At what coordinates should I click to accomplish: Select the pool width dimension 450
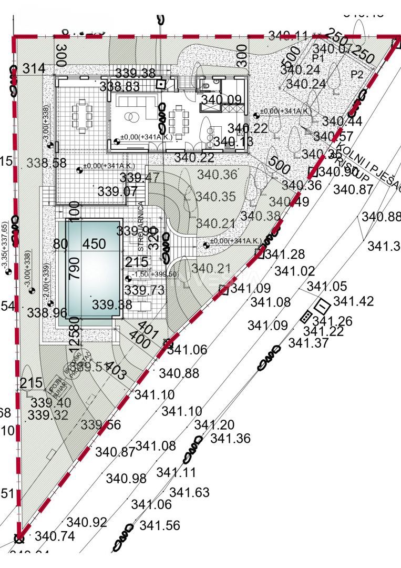(x=95, y=244)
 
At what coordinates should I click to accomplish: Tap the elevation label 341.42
(x=353, y=301)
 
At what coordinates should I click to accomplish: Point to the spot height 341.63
(x=189, y=493)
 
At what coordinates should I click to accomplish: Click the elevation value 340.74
(x=55, y=536)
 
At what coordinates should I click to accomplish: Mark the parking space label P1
(x=317, y=57)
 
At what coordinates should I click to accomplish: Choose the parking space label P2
(x=357, y=75)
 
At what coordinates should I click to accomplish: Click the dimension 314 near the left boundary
(x=34, y=69)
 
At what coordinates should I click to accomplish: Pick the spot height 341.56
(x=160, y=525)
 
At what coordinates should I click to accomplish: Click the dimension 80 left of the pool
(x=61, y=244)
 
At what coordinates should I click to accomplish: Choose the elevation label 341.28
(x=285, y=255)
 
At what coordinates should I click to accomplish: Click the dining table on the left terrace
(x=82, y=112)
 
